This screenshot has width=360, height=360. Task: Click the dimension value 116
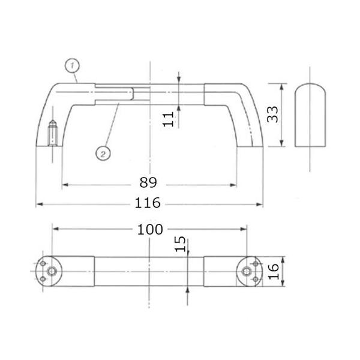pyautogui.click(x=148, y=203)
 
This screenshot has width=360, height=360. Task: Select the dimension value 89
pyautogui.click(x=148, y=183)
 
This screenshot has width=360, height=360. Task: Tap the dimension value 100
pyautogui.click(x=150, y=230)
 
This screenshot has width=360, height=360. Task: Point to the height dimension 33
pyautogui.click(x=272, y=114)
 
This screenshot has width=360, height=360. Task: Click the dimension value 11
pyautogui.click(x=168, y=119)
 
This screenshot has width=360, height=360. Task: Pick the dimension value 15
pyautogui.click(x=180, y=244)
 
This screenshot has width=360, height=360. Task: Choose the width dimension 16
pyautogui.click(x=274, y=271)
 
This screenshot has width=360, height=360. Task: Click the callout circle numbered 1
pyautogui.click(x=72, y=66)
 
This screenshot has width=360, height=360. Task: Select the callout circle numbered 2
pyautogui.click(x=103, y=154)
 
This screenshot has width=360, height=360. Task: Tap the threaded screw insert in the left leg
pyautogui.click(x=53, y=133)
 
